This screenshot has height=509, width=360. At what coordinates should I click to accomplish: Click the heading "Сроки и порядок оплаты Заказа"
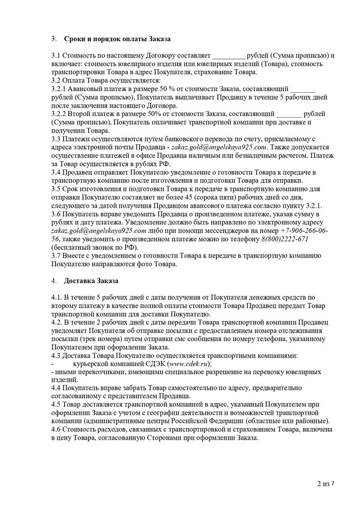[x=117, y=39]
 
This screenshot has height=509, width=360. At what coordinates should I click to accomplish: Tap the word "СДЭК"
[x=152, y=364]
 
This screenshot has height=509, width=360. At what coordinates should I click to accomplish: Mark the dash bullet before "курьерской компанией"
[x=53, y=364]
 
